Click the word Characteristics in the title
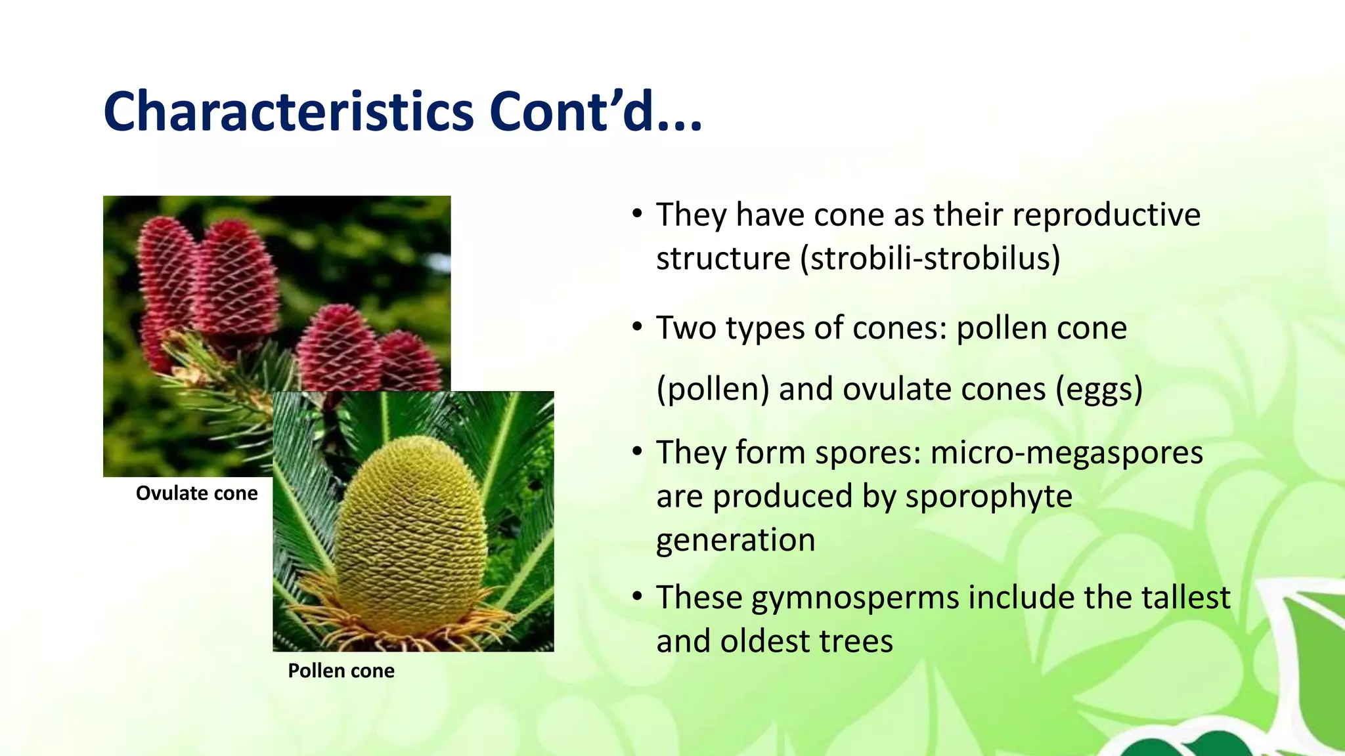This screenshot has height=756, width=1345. (288, 112)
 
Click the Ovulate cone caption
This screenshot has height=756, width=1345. (196, 493)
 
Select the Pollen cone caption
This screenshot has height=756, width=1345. (341, 671)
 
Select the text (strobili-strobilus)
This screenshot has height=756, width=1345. (930, 259)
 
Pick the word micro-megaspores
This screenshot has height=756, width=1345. (1067, 453)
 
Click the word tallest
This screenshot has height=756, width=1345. (1185, 598)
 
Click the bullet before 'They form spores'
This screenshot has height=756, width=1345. (636, 452)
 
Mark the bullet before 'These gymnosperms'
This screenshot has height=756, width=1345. (636, 597)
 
